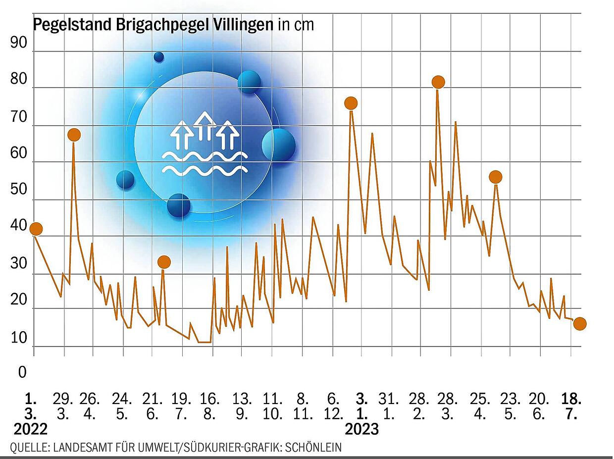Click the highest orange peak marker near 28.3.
pos(438,82)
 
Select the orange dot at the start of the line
pos(36,229)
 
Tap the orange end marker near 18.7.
pos(580,324)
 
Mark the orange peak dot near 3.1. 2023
pos(351,103)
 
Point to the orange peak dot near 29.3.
pos(74,135)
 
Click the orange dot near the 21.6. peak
pos(164,262)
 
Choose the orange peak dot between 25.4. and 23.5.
pos(496,177)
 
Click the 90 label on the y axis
pos(19,43)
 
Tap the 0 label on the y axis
pos(22,372)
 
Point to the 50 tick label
pos(19,189)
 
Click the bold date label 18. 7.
pos(571,407)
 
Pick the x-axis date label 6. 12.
pos(333,407)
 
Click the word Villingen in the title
pos(243,25)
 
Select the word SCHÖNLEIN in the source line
pos(313,447)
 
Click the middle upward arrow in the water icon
pos(205,126)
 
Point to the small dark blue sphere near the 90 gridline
pos(159,57)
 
